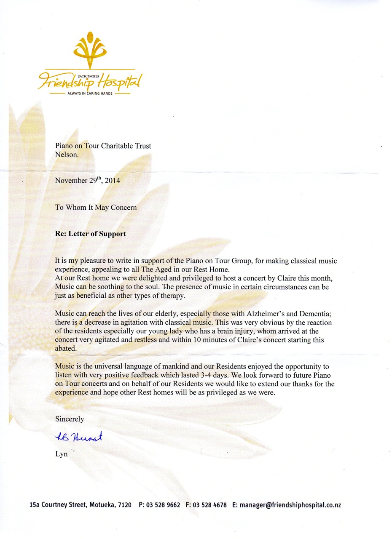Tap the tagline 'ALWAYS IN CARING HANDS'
click(90, 93)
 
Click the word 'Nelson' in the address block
click(66, 154)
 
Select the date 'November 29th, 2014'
click(88, 181)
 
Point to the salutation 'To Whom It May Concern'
click(96, 207)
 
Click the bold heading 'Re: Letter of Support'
click(91, 234)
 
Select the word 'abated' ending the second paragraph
click(65, 349)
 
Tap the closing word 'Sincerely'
click(70, 419)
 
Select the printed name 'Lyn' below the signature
click(62, 454)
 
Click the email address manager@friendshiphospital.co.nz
click(290, 504)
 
